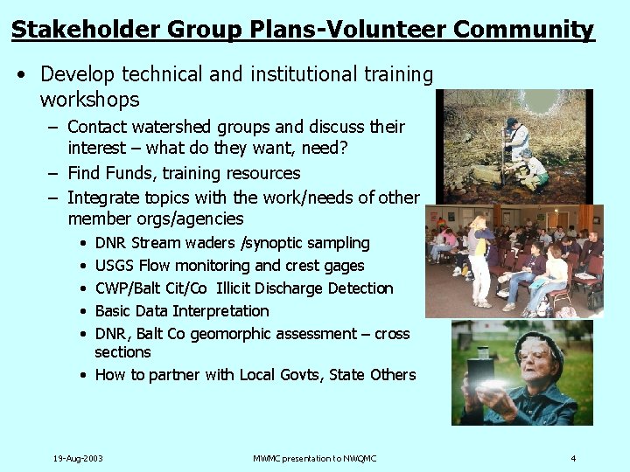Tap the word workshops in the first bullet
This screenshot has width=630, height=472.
pos(89,99)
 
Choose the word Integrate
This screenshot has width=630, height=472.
pos(104,197)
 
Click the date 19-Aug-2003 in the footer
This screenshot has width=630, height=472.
pos(78,458)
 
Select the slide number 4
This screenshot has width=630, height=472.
pos(573,458)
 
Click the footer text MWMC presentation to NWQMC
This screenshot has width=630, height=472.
pos(314,458)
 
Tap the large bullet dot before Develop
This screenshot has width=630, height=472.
pos(20,75)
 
